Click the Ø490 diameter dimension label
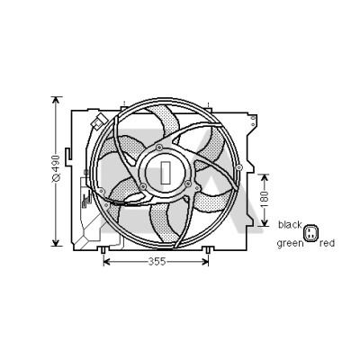(56, 169)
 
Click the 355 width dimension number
(157, 262)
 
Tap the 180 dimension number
(264, 199)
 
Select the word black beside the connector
(290, 225)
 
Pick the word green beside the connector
(291, 243)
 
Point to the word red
(327, 243)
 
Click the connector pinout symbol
(310, 233)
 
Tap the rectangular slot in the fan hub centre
(166, 173)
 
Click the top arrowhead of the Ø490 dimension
(56, 100)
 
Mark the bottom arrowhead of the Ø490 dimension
(56, 242)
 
